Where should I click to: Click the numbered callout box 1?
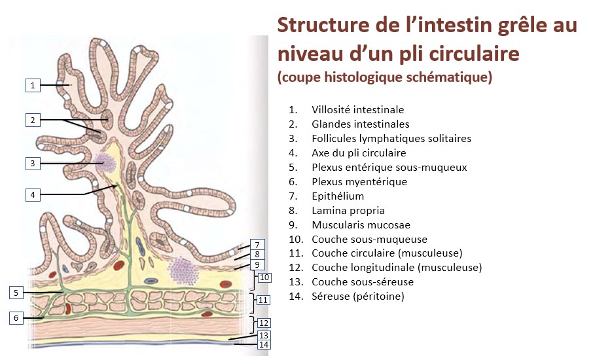click(x=33, y=85)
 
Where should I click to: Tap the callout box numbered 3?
click(x=33, y=163)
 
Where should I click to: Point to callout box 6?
click(x=17, y=318)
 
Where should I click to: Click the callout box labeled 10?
click(x=263, y=278)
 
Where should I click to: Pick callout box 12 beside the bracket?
click(x=263, y=323)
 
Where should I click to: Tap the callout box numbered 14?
click(x=263, y=344)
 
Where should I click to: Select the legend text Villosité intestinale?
click(x=357, y=110)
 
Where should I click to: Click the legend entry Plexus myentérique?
click(x=359, y=182)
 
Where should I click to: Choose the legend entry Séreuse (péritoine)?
click(x=357, y=297)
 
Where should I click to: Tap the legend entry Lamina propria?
click(x=348, y=211)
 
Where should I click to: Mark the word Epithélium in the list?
click(x=338, y=196)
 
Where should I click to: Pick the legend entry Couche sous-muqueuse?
click(x=360, y=240)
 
